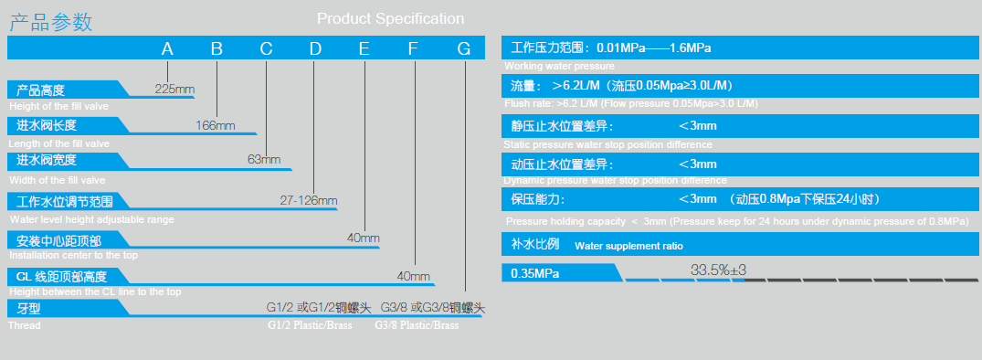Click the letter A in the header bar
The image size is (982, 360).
tap(167, 48)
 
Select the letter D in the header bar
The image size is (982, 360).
tap(315, 48)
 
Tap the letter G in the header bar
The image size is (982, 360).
tap(463, 48)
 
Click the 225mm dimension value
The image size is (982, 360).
tap(174, 89)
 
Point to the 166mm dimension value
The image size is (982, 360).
tap(215, 126)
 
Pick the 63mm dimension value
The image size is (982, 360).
tap(264, 159)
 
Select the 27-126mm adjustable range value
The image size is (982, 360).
tap(309, 201)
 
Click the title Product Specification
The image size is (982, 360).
tap(391, 19)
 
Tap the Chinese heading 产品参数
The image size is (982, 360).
tap(51, 23)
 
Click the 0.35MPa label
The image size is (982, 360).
tap(535, 273)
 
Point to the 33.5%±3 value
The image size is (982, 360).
tap(718, 270)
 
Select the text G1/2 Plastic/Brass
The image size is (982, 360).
tap(310, 325)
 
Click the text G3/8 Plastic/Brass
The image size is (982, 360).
tap(417, 325)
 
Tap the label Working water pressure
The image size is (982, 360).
tap(559, 66)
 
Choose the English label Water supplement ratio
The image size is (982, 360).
tap(628, 246)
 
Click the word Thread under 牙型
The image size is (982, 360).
tap(25, 325)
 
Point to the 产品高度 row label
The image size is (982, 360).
tap(41, 90)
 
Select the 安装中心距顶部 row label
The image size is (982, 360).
tap(58, 240)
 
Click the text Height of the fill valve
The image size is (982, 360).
tap(58, 106)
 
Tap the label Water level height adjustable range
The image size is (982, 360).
tap(92, 220)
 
